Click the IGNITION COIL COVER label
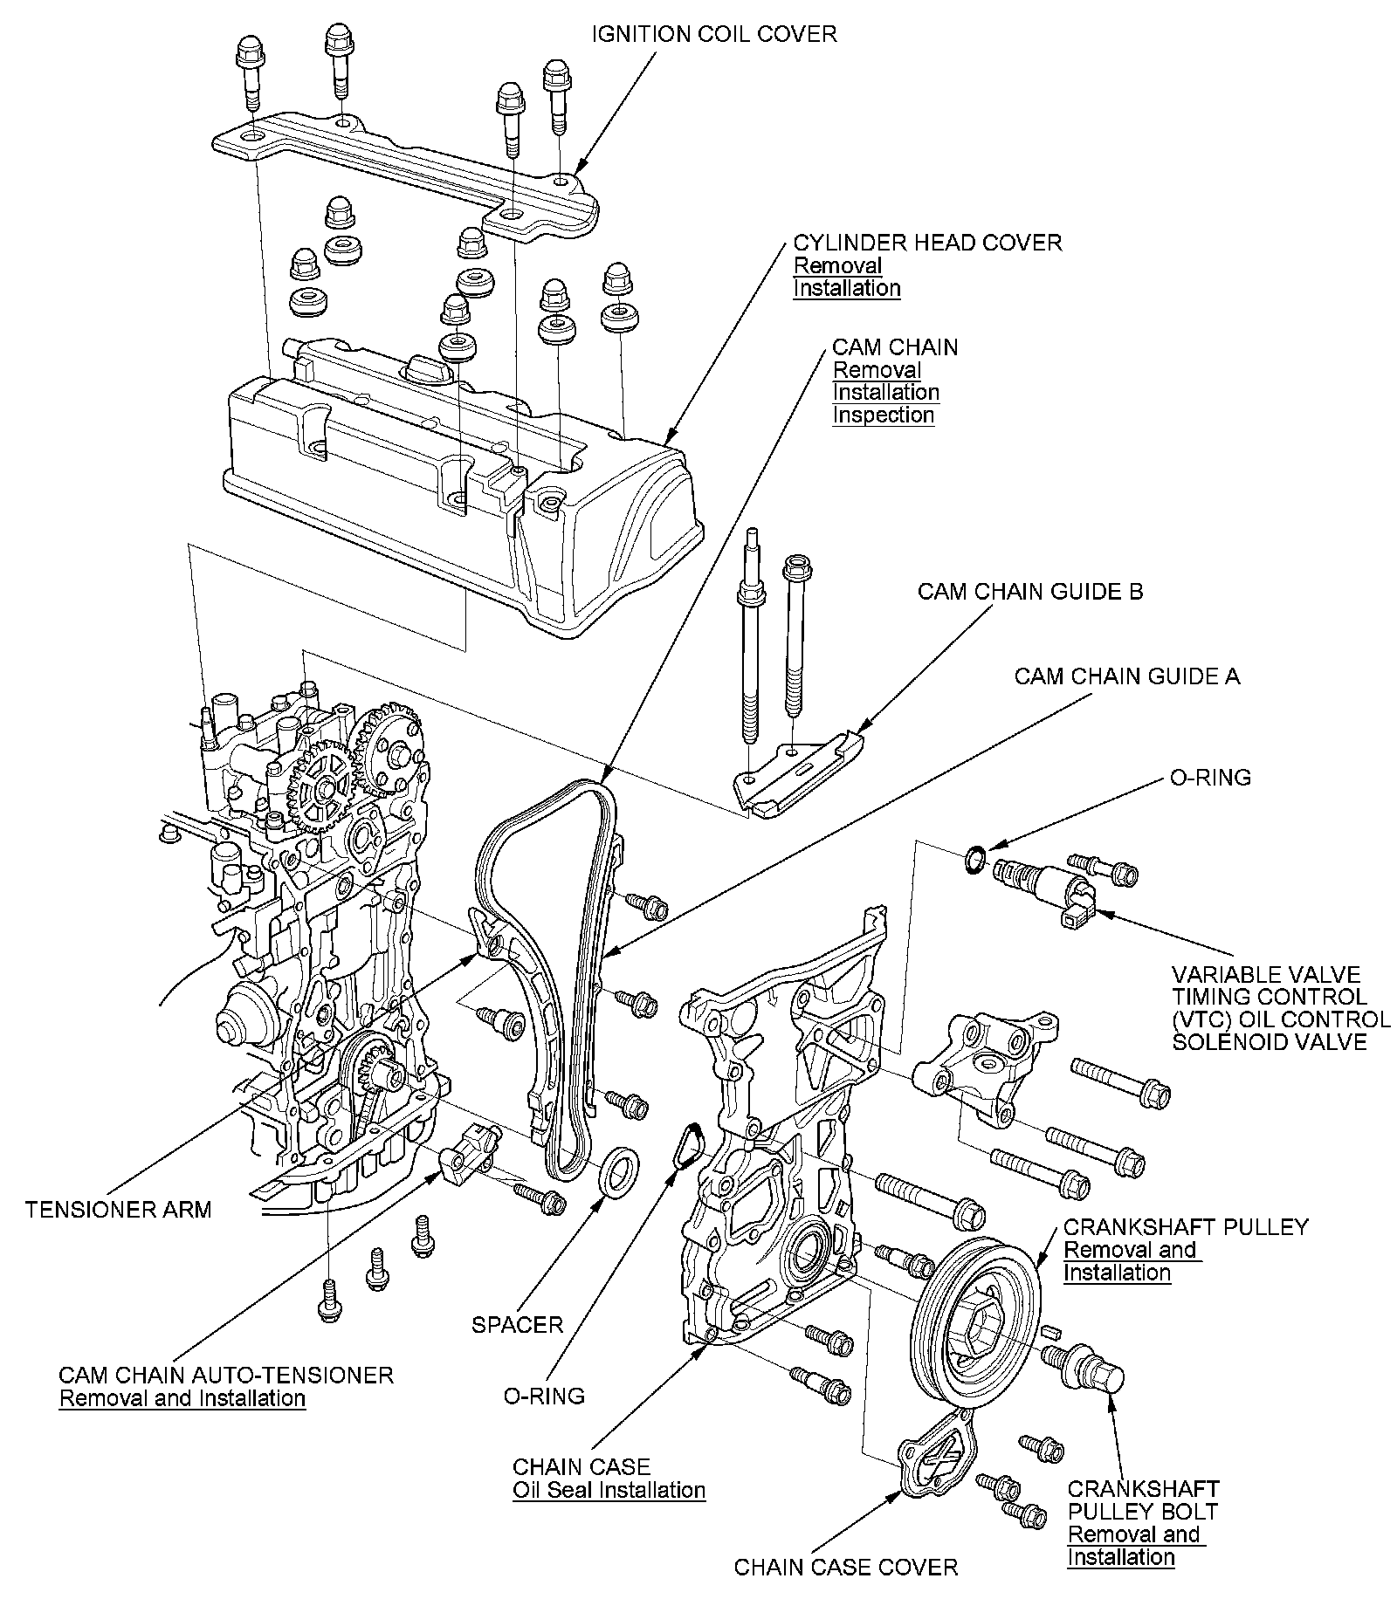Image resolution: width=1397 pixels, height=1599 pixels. [714, 34]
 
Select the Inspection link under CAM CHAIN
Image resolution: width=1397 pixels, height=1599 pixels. [883, 415]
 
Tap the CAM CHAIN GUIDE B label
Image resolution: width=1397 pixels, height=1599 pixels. [1029, 592]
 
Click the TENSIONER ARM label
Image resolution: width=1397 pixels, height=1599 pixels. [119, 1210]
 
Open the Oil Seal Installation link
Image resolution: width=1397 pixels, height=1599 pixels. [609, 1490]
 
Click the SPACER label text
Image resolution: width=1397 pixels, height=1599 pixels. [517, 1325]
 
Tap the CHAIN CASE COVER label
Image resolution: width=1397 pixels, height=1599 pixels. [845, 1567]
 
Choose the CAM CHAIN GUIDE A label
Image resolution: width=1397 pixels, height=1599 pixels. [1126, 676]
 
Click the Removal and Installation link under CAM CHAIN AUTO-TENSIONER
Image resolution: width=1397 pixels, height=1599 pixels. [182, 1398]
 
